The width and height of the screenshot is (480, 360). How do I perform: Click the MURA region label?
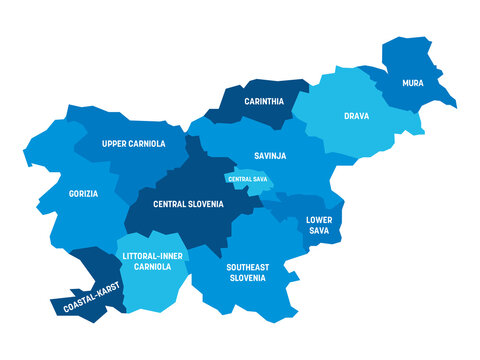coord(412,82)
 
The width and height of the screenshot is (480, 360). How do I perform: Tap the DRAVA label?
coord(356,116)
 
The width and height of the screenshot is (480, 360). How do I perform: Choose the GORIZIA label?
coord(83,193)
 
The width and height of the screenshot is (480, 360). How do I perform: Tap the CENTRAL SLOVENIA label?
coord(187,203)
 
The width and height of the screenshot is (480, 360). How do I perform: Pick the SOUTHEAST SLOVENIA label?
coord(246,272)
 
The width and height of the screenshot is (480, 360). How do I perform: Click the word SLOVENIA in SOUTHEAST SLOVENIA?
coord(246,278)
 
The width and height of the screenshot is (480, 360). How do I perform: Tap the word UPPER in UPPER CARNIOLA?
coord(115,144)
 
